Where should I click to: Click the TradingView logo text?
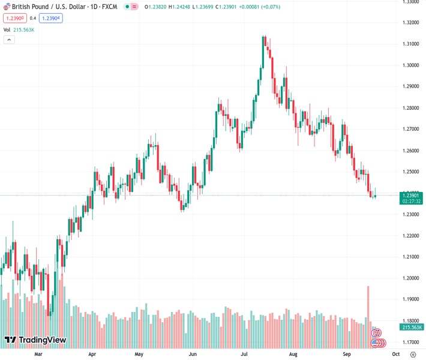[x=42, y=340]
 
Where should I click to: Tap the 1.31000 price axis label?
[x=411, y=44]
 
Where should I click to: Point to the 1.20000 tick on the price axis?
[x=411, y=278]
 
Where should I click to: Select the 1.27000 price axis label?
[x=411, y=129]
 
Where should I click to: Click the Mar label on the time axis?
[x=38, y=354]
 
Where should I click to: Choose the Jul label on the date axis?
[x=245, y=354]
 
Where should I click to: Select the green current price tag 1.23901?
[x=412, y=195]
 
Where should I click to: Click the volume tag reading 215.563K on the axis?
[x=412, y=327]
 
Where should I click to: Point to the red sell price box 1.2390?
[x=13, y=18]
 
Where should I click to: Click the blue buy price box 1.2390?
[x=51, y=18]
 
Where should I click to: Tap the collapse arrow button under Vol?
[x=9, y=40]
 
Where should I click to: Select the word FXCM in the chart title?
[x=109, y=7]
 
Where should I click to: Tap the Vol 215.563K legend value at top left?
[x=24, y=29]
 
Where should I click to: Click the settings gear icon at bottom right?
[x=413, y=354]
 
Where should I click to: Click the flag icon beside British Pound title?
[x=7, y=7]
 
